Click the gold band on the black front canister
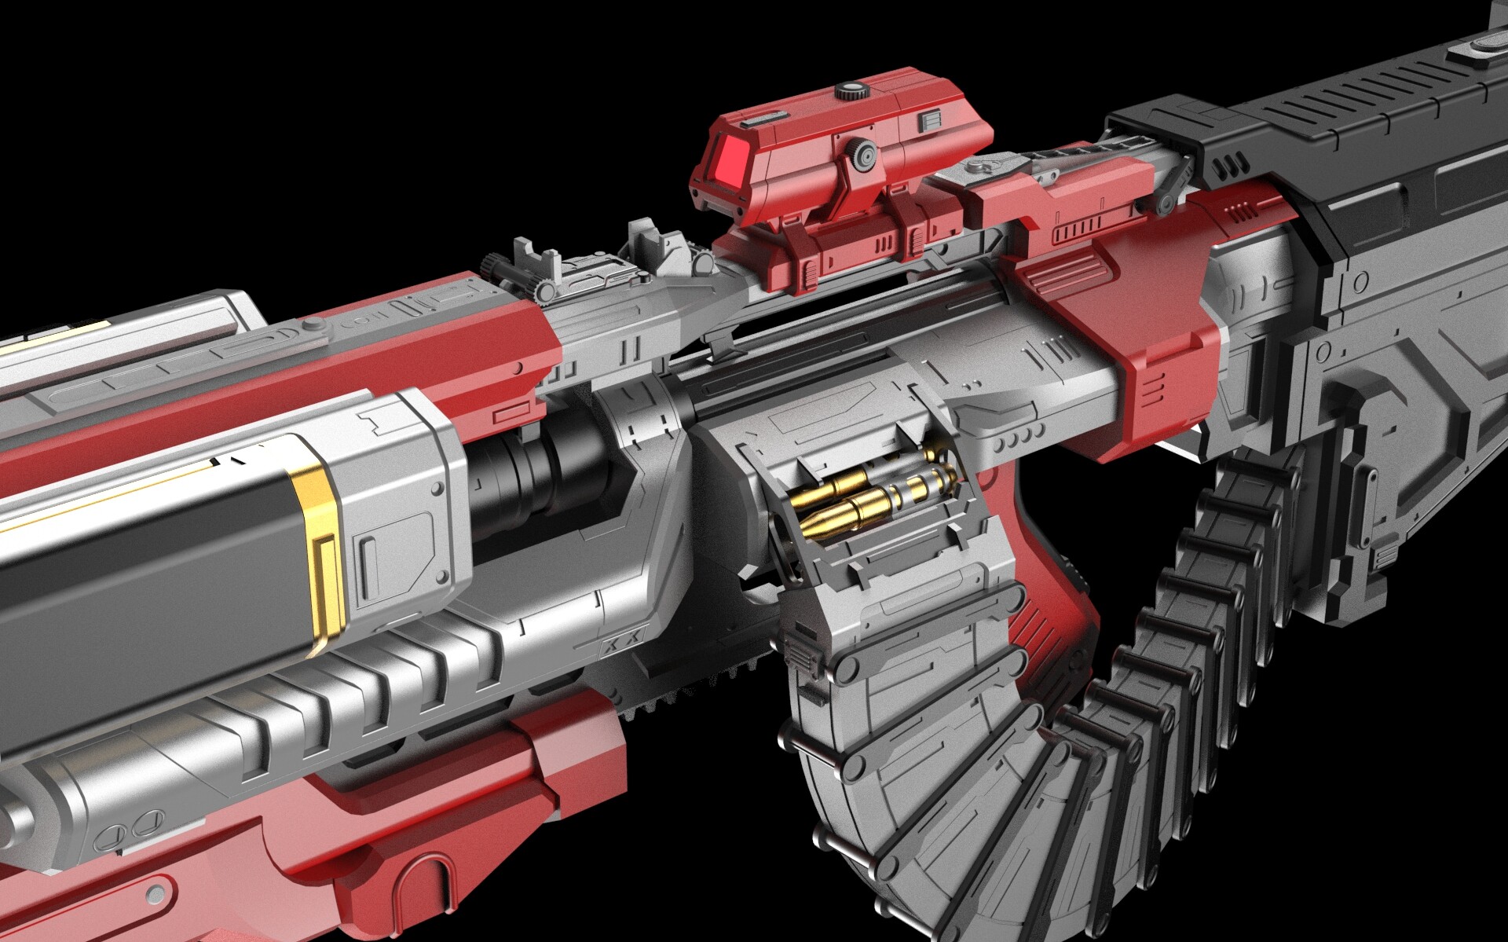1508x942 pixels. point(318,550)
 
